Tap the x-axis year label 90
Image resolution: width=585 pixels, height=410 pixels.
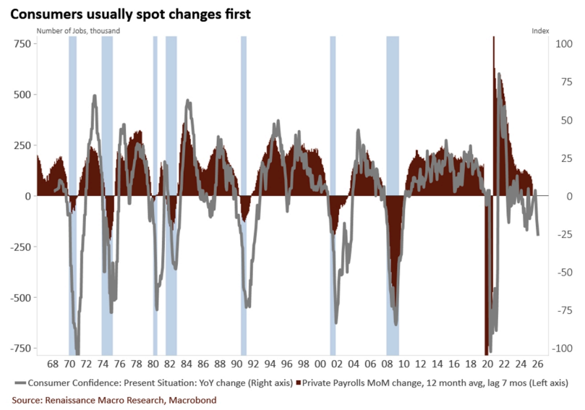(236, 364)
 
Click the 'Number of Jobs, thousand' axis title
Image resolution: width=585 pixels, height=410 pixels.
(77, 30)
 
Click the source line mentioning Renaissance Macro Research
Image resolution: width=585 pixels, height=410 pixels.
(114, 400)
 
